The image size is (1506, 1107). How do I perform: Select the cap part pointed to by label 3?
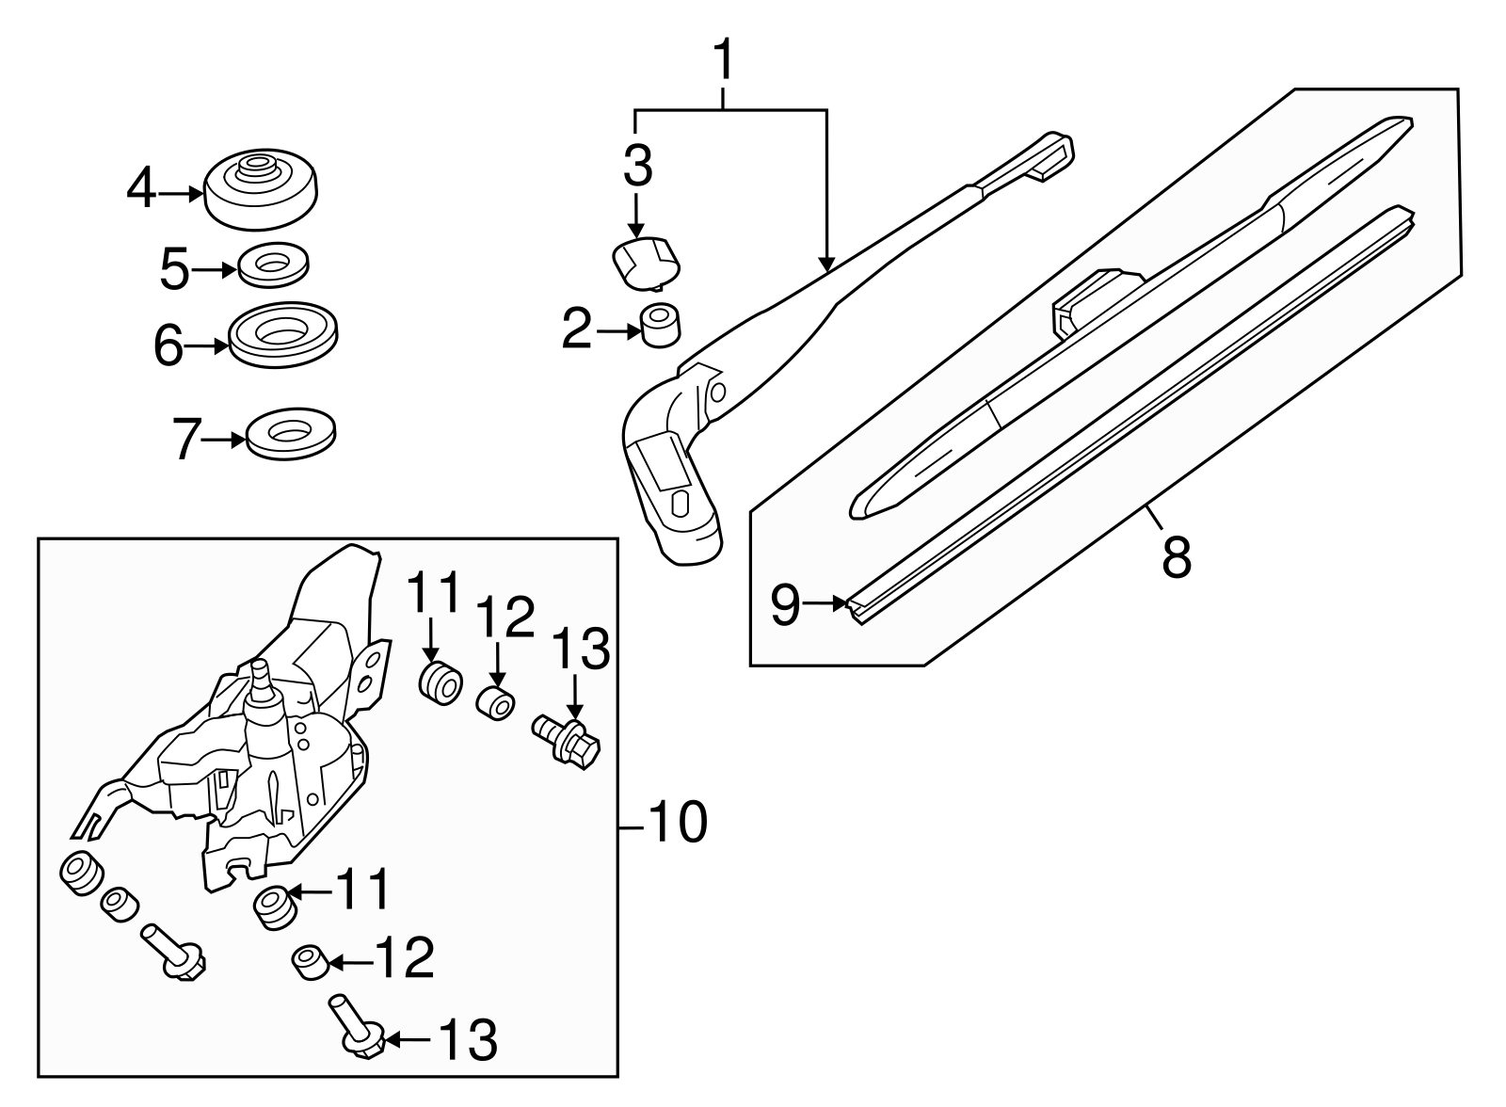click(x=646, y=261)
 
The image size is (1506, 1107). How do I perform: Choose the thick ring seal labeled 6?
click(x=283, y=334)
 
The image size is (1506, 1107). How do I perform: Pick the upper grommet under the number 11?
click(x=440, y=682)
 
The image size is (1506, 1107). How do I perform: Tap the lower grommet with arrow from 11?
click(x=273, y=906)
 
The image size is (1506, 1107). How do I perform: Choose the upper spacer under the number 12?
click(x=497, y=703)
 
